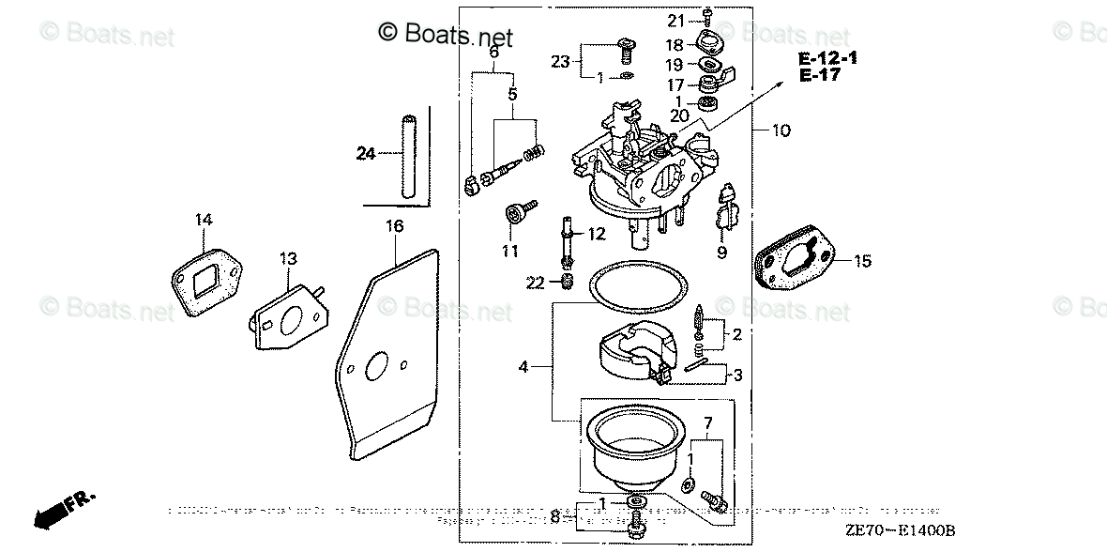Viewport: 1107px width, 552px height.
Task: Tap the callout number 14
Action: point(204,220)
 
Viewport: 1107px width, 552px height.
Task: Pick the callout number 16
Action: point(394,225)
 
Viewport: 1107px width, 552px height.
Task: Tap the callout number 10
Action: point(781,130)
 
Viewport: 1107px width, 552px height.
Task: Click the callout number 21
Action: point(676,21)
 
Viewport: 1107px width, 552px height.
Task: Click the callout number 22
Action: point(536,284)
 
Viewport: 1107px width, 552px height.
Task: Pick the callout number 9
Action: point(721,252)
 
